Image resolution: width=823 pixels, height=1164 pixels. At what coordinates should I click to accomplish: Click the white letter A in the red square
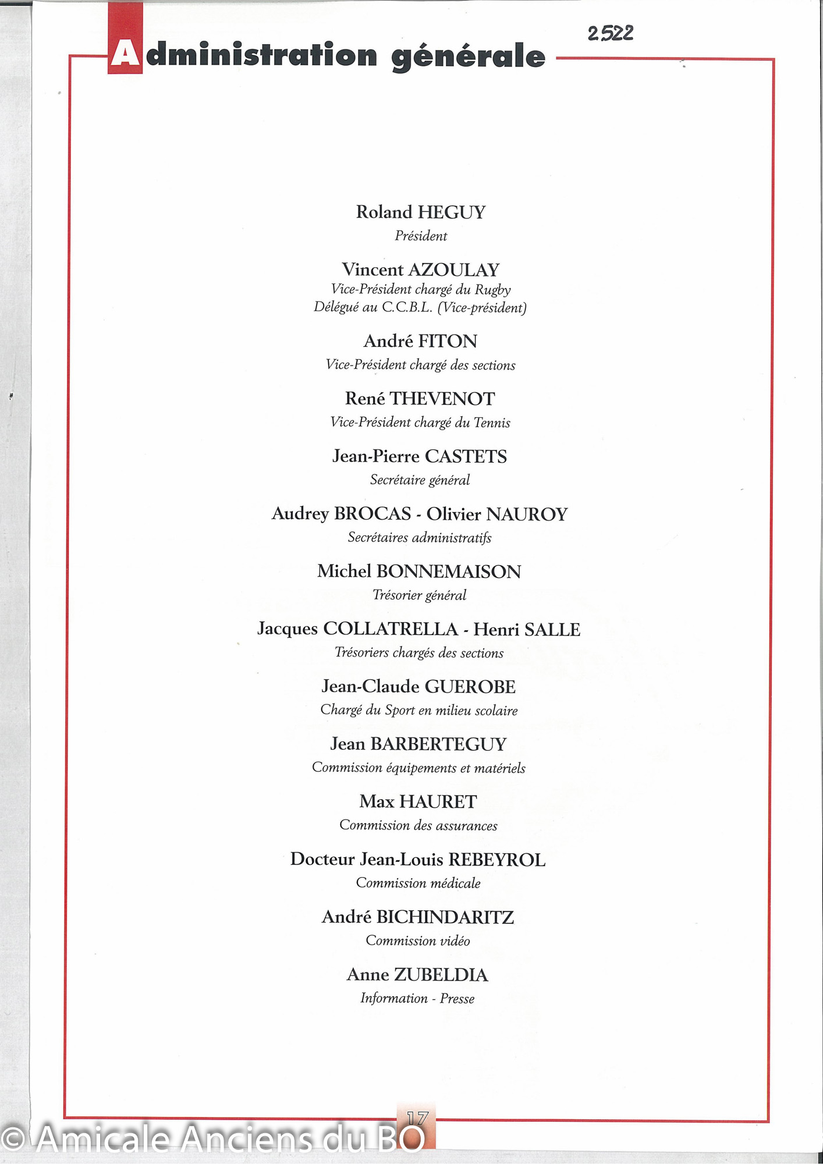click(x=125, y=55)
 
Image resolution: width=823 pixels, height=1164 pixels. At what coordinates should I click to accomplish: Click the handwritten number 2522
click(x=610, y=34)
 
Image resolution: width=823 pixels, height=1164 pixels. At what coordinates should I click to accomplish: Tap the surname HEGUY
click(x=452, y=212)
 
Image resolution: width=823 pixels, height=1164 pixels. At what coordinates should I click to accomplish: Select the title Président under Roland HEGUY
click(x=421, y=236)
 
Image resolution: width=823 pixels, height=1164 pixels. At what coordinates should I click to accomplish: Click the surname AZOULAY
click(x=454, y=270)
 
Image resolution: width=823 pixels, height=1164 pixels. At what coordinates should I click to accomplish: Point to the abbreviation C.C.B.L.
click(x=407, y=308)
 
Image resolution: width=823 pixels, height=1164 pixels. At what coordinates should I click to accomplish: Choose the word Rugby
click(x=493, y=290)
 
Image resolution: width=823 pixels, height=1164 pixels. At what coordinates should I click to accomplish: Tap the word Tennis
click(x=492, y=423)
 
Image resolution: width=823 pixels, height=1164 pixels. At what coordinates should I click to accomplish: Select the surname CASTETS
click(x=466, y=456)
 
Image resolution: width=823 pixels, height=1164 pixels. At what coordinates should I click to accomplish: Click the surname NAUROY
click(x=527, y=514)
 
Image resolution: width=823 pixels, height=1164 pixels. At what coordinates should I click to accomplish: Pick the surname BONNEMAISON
click(x=449, y=572)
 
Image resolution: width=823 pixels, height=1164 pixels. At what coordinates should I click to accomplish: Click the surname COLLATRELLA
click(x=391, y=629)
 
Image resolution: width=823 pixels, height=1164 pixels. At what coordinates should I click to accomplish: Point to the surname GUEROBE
click(x=470, y=687)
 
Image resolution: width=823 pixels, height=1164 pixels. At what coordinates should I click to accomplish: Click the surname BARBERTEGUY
click(x=439, y=744)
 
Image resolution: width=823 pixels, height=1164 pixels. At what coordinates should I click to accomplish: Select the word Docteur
click(x=322, y=860)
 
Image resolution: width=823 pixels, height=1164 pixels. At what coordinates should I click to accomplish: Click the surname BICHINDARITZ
click(x=445, y=917)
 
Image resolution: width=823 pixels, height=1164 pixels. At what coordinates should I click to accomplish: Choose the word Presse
click(x=457, y=999)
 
